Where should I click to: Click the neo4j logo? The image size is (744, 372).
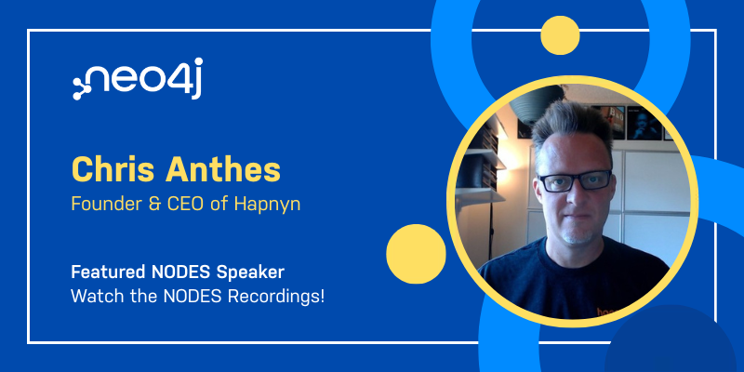(138, 79)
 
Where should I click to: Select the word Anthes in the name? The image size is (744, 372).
(222, 170)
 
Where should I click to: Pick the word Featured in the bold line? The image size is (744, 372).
(108, 272)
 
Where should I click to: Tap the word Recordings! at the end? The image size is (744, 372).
(276, 298)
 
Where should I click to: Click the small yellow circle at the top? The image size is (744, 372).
(560, 35)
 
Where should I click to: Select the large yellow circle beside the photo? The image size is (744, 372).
(416, 254)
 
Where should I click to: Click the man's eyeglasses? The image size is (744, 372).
(575, 181)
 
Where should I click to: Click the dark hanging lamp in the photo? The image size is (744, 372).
(537, 102)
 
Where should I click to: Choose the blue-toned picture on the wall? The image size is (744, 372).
(644, 124)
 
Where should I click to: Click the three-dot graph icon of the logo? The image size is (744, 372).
(82, 87)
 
